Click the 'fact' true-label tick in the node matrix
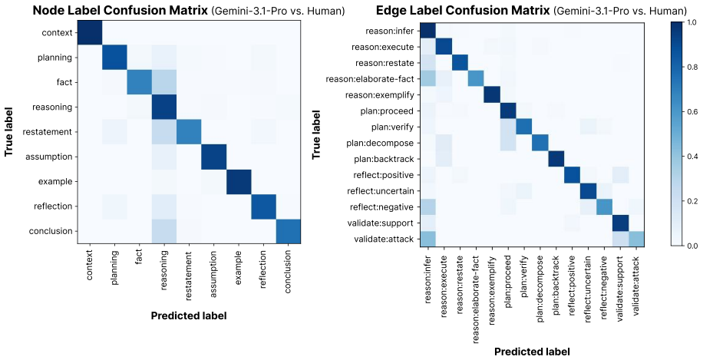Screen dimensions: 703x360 pos(65,82)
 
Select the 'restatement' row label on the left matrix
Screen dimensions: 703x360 pos(50,132)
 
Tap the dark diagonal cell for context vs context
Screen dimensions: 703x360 pos(90,33)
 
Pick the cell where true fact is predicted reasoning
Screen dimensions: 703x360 pos(164,82)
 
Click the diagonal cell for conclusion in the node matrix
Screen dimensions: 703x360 pos(289,231)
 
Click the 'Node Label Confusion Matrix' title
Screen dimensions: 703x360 pos(120,11)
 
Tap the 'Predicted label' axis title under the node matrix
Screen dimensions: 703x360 pos(189,315)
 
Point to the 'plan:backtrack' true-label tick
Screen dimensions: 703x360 pos(394,159)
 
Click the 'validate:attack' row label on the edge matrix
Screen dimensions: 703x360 pos(393,239)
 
